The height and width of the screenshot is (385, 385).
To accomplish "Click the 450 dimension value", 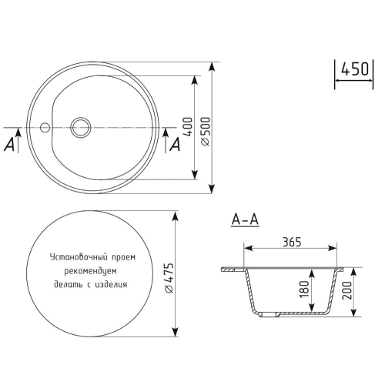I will tap(354, 69).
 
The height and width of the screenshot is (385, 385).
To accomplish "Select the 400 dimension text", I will tap(186, 127).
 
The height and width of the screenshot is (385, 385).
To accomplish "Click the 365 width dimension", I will tap(290, 242).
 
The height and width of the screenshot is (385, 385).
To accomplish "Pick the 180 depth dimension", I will tap(305, 290).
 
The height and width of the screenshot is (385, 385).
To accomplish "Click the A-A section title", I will tap(246, 221).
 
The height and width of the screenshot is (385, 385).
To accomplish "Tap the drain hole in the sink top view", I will tap(79, 126).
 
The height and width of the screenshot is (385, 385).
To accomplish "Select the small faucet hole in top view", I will tap(45, 126).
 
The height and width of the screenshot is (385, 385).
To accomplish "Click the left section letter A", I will tap(10, 143).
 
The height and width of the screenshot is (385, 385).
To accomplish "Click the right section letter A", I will tap(175, 143).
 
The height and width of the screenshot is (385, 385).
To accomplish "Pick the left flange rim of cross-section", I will tap(231, 269).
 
